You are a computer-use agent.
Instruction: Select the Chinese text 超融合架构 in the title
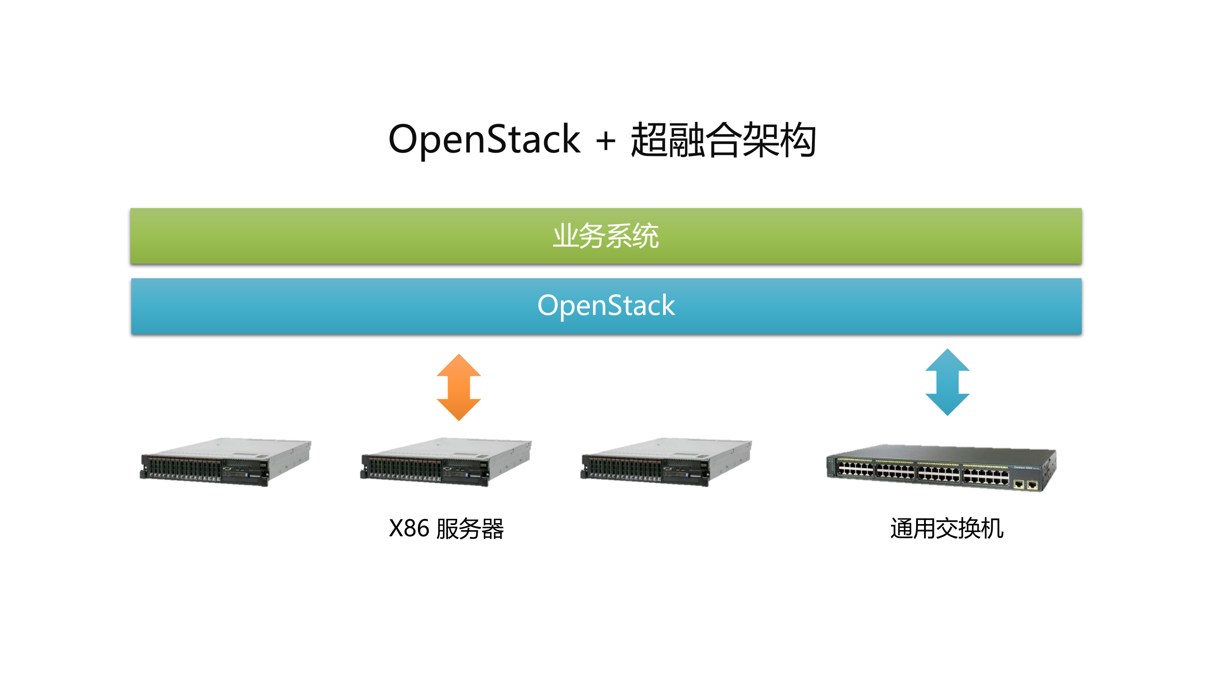723,139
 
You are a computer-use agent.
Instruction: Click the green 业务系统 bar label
606,236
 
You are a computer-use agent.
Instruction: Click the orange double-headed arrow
458,387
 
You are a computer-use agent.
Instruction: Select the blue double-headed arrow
947,382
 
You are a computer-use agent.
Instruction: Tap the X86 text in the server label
409,528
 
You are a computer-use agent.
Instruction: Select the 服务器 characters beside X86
470,529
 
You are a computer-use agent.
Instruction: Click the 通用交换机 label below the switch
947,528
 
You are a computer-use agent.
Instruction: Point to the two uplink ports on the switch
1026,484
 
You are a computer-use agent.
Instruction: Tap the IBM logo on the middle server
483,465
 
